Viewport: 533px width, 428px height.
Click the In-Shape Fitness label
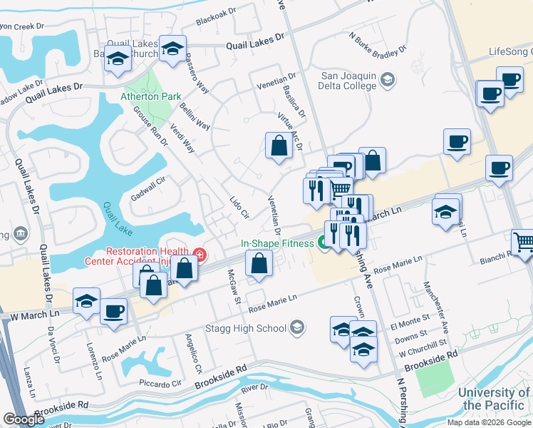(276, 243)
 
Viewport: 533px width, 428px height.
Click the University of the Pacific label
(494, 399)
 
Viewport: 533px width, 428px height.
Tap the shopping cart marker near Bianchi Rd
(524, 243)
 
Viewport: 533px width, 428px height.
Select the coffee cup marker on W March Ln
(114, 312)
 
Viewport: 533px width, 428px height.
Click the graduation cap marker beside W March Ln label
(86, 303)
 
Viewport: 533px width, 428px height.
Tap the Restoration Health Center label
(147, 255)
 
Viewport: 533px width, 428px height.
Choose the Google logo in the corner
(24, 420)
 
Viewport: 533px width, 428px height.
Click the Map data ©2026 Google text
(489, 422)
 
